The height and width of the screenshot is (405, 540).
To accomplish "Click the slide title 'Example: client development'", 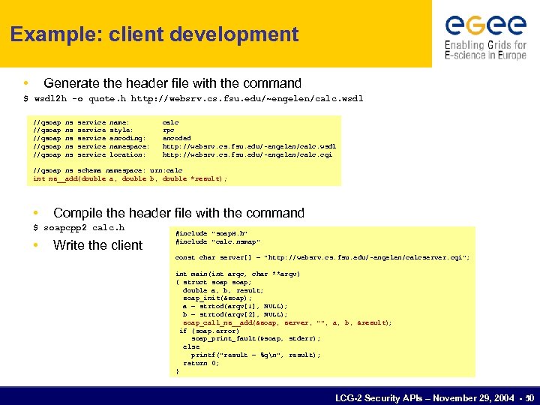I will coord(154,34).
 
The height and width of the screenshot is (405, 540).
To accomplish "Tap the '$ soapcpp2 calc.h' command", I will coord(79,227).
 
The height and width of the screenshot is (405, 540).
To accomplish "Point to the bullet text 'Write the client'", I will coord(97,245).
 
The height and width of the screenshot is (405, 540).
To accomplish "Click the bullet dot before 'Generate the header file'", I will coord(26,83).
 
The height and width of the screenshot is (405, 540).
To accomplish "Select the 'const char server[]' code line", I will coord(322,258).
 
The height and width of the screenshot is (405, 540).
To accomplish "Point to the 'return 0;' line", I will coord(201,363).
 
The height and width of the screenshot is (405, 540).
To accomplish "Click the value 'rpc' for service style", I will coord(169,130).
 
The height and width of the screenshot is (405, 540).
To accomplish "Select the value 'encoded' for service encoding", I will coord(176,138).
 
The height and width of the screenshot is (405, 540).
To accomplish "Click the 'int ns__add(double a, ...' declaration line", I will coord(130,178).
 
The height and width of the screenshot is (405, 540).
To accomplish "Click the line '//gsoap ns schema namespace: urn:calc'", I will coord(108,171).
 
